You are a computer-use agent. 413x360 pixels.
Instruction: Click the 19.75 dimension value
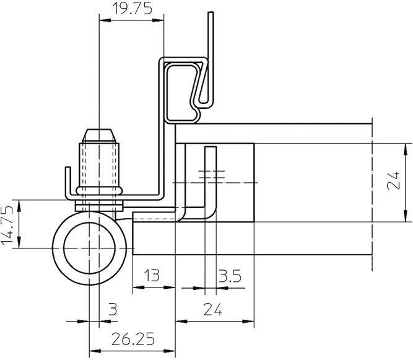point(130,9)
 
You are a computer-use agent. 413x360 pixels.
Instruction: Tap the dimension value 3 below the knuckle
point(113,309)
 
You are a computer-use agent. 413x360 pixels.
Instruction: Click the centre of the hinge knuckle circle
point(92,248)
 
